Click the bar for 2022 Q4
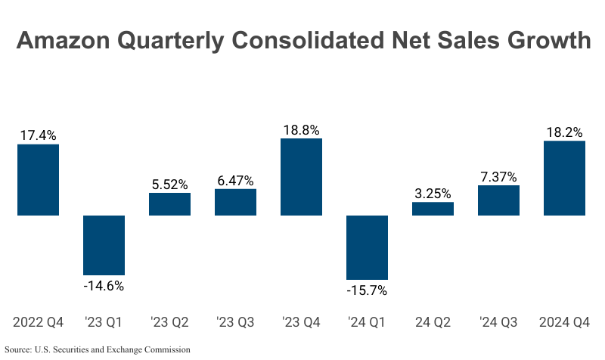point(38,179)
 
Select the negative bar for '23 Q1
point(104,245)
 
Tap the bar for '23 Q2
point(169,204)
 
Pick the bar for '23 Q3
point(235,202)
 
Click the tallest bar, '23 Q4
point(301,177)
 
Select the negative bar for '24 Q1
point(367,247)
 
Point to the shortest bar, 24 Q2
point(433,209)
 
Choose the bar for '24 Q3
point(498,200)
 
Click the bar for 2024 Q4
point(564,178)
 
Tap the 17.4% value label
point(38,135)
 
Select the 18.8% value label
point(301,129)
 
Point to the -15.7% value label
point(367,290)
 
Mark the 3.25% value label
point(433,193)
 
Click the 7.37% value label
point(498,177)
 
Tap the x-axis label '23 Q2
point(169,322)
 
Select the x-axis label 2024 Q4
point(564,322)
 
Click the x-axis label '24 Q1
point(367,322)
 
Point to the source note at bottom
point(97,349)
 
